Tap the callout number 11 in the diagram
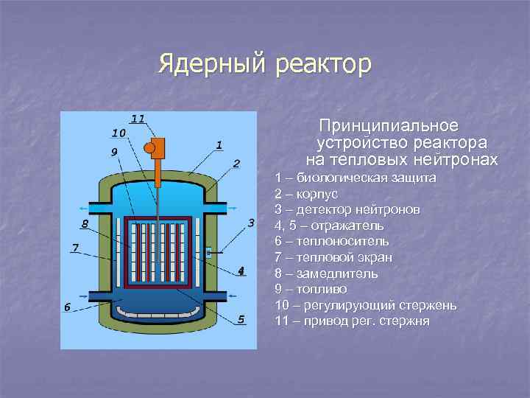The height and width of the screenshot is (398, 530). click(x=138, y=118)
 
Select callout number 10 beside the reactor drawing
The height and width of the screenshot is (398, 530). click(x=118, y=133)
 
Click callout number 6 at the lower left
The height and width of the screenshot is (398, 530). click(x=67, y=307)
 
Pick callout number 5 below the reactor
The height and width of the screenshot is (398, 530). click(x=240, y=318)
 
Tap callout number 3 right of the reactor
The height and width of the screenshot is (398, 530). click(x=250, y=223)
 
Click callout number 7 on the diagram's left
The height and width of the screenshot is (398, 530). click(x=75, y=247)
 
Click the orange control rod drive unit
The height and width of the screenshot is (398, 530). click(x=157, y=150)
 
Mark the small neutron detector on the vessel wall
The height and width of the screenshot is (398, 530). click(x=209, y=252)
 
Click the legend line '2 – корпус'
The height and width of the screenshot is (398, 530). click(x=305, y=194)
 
